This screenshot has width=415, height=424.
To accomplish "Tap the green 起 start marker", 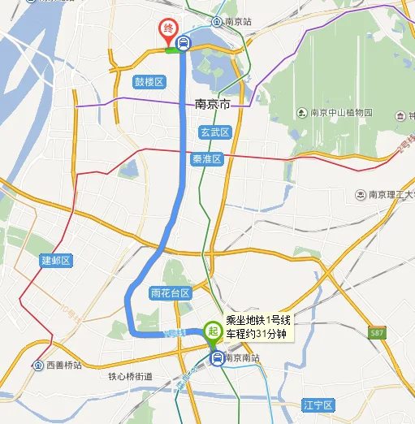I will (x=213, y=331).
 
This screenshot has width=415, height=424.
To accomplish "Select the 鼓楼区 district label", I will (x=149, y=82).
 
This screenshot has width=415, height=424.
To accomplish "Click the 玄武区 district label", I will (x=214, y=132).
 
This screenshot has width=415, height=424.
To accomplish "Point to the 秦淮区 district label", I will (x=207, y=160).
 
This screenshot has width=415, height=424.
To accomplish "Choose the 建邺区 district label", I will (x=56, y=261).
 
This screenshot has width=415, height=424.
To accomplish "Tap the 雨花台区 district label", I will (x=170, y=292).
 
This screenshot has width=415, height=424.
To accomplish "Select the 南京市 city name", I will (x=214, y=105).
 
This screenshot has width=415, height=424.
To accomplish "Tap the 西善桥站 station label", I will (x=65, y=366).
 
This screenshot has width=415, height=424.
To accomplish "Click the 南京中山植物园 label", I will (x=339, y=113).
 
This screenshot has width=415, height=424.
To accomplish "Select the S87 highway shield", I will (x=375, y=333).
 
